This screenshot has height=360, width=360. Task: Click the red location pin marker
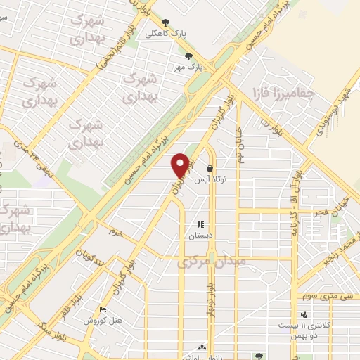pos(181,165)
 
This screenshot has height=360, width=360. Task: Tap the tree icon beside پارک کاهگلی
pos(165,22)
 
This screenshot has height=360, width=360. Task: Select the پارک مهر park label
pos(193,67)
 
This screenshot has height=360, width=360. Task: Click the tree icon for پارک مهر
pos(188,56)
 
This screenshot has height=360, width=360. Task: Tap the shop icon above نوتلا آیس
pos(211,168)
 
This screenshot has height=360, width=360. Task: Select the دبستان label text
pos(200,236)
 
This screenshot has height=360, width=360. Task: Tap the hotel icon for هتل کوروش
pos(103,309)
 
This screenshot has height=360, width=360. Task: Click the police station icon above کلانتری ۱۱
pos(303,314)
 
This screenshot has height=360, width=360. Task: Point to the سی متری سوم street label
pos(325,298)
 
